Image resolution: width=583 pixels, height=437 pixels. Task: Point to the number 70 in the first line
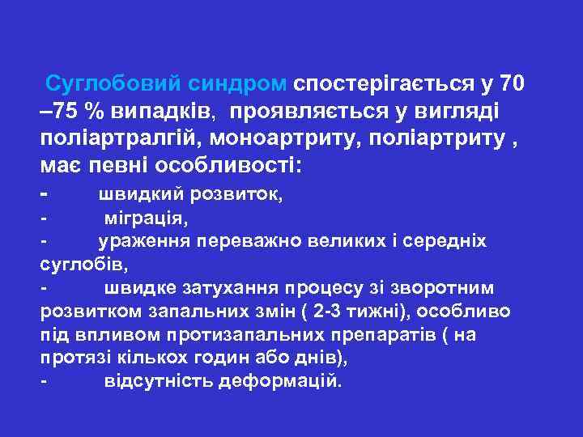coord(517,83)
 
